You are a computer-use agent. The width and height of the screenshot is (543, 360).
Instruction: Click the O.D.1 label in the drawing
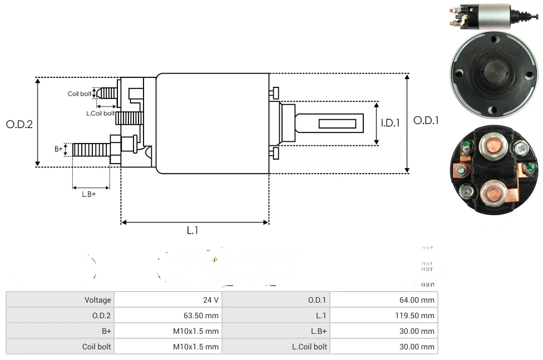click(x=426, y=121)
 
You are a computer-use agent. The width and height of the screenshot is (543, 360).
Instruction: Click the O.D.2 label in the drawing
click(x=19, y=124)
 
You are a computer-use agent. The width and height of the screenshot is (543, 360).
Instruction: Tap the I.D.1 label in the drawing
click(x=390, y=123)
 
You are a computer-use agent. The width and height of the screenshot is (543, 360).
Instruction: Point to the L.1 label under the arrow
click(x=192, y=230)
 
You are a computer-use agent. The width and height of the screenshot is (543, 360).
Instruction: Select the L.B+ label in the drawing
click(x=89, y=194)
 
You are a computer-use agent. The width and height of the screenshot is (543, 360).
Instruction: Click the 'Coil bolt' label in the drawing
click(x=79, y=94)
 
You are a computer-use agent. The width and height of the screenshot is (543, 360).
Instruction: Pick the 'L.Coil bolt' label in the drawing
click(x=100, y=113)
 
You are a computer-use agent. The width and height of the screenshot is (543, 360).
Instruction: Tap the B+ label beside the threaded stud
click(x=59, y=149)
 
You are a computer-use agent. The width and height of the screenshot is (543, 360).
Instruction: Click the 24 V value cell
click(x=211, y=300)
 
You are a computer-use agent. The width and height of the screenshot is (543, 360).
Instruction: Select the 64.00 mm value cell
click(x=417, y=300)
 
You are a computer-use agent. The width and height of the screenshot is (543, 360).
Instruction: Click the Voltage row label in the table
click(x=98, y=300)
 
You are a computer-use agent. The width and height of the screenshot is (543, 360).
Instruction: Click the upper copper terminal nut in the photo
click(x=491, y=147)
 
